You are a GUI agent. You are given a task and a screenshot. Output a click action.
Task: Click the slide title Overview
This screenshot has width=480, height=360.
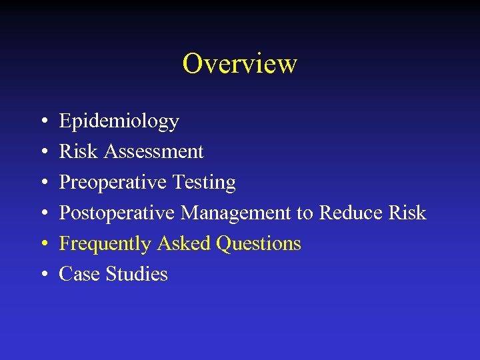pyautogui.click(x=239, y=64)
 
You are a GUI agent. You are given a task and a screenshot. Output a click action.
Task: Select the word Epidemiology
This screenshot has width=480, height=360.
pyautogui.click(x=119, y=121)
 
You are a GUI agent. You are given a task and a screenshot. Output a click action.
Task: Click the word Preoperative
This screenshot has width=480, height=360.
pyautogui.click(x=113, y=182)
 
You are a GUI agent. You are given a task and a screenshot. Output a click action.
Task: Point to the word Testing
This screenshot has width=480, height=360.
pyautogui.click(x=205, y=182)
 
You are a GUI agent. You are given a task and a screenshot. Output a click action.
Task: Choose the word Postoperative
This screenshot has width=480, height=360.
pyautogui.click(x=117, y=213)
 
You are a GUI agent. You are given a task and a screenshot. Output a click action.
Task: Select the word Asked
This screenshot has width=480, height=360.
pyautogui.click(x=184, y=243)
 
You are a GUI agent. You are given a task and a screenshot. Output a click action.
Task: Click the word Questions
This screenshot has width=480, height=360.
pyautogui.click(x=259, y=244)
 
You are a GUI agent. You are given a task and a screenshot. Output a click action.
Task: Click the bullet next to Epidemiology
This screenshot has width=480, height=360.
pyautogui.click(x=43, y=122)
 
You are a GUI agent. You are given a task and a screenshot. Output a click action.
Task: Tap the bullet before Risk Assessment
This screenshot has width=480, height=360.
pyautogui.click(x=43, y=153)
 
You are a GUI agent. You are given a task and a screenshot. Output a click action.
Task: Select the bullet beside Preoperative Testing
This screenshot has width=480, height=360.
pyautogui.click(x=43, y=183)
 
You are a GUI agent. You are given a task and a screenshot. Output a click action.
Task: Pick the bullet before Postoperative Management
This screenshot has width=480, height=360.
pyautogui.click(x=43, y=214)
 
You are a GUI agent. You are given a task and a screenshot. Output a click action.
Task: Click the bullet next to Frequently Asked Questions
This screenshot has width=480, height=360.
pyautogui.click(x=43, y=245)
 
